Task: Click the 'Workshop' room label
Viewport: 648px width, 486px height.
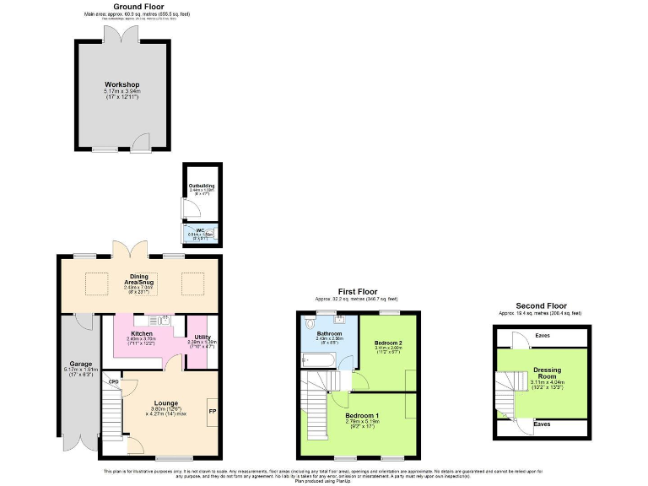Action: (x=121, y=85)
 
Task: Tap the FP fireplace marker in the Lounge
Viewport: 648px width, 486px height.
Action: (x=212, y=412)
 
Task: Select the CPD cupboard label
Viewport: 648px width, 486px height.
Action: (x=112, y=381)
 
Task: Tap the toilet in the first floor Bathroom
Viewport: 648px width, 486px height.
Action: (x=310, y=323)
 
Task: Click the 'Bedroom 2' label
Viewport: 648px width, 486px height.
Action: (x=388, y=341)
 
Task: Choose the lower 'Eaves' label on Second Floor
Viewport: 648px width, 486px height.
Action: (x=543, y=424)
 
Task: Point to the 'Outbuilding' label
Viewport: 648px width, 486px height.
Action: (x=201, y=185)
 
